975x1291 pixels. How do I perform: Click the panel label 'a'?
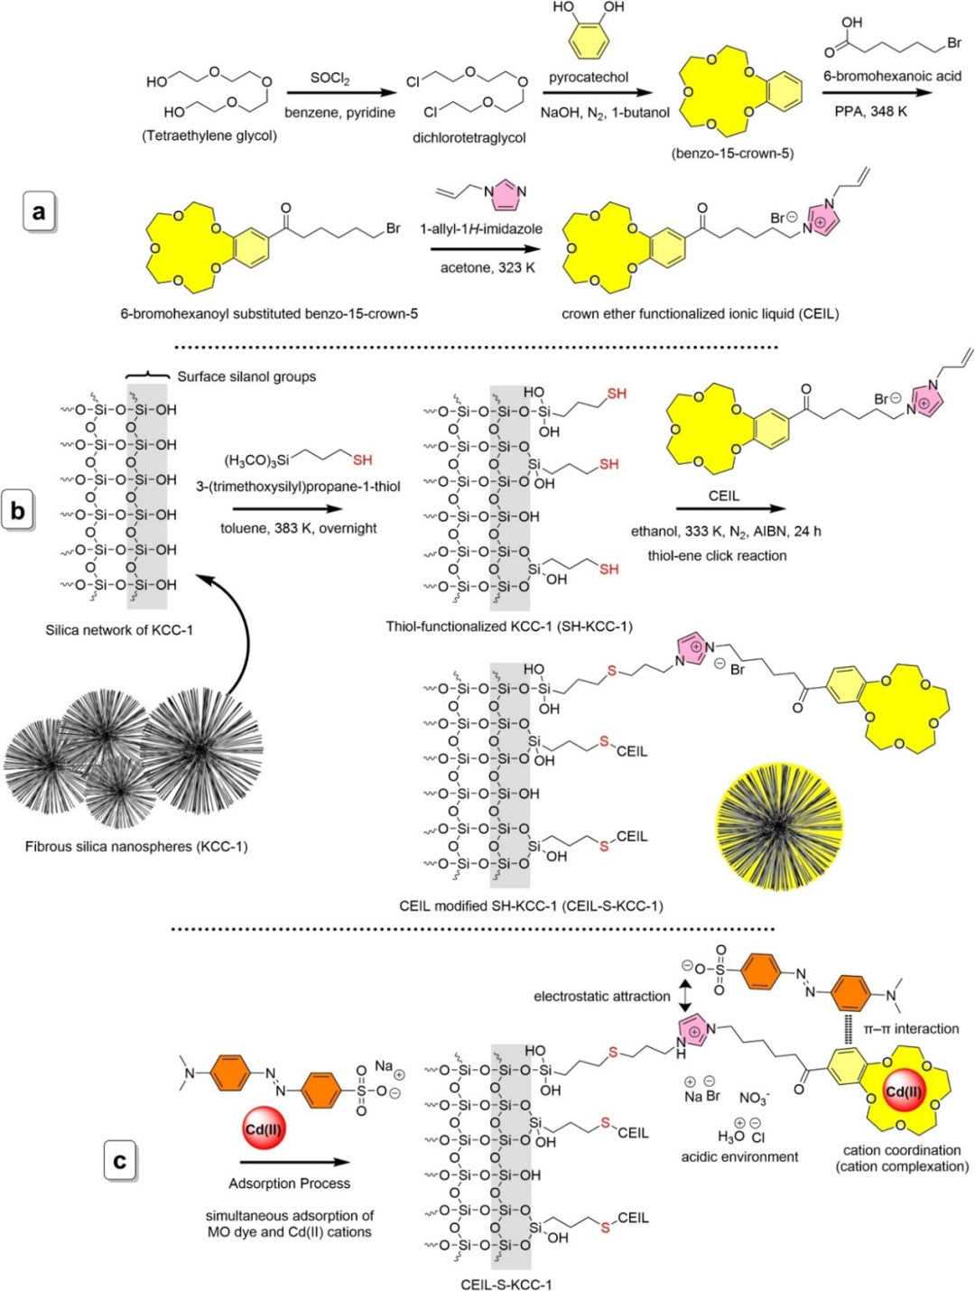pyautogui.click(x=38, y=212)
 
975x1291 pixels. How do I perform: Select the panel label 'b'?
pyautogui.click(x=18, y=510)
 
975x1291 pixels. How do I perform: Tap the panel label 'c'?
pyautogui.click(x=119, y=1160)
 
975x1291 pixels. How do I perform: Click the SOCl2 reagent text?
pyautogui.click(x=330, y=79)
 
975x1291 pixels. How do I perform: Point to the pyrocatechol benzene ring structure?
pyautogui.click(x=589, y=40)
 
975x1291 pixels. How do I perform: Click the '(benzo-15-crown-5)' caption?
pyautogui.click(x=732, y=153)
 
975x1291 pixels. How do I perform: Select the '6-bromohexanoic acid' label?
pyautogui.click(x=892, y=76)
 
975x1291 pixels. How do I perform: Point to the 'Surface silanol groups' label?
pyautogui.click(x=246, y=376)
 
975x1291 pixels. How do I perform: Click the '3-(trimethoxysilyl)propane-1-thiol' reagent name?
pyautogui.click(x=298, y=487)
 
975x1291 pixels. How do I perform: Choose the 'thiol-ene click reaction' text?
pyautogui.click(x=717, y=555)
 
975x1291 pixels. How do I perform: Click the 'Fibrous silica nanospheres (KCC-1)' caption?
pyautogui.click(x=136, y=846)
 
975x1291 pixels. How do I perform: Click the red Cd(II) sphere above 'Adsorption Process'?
pyautogui.click(x=265, y=1128)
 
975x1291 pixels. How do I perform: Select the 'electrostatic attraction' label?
pyautogui.click(x=601, y=996)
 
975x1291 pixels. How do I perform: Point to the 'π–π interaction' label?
pyautogui.click(x=911, y=1028)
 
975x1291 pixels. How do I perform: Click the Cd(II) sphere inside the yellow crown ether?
pyautogui.click(x=905, y=1091)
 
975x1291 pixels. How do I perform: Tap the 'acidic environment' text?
pyautogui.click(x=739, y=1156)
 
